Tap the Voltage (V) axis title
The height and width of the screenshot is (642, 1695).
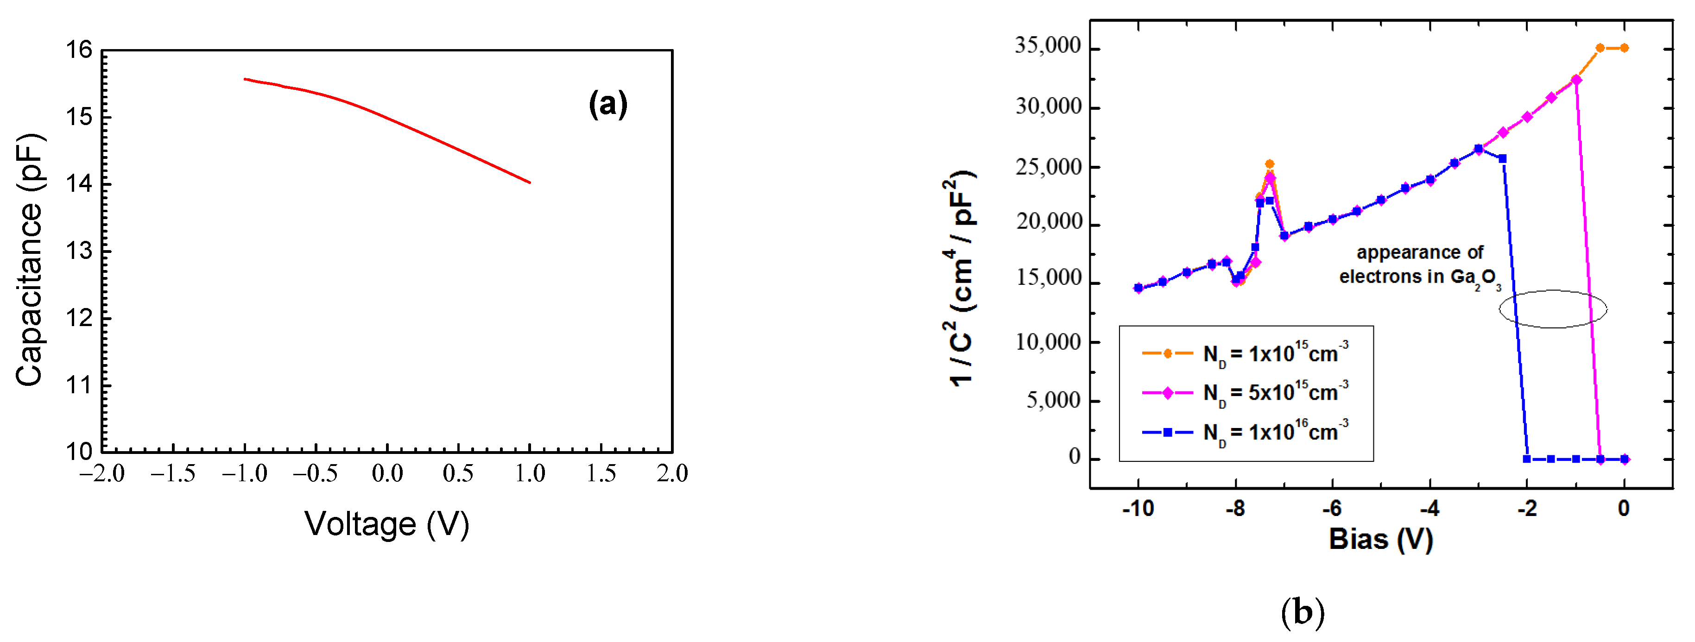pyautogui.click(x=387, y=524)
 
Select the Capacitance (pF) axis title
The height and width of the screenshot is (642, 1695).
pyautogui.click(x=30, y=260)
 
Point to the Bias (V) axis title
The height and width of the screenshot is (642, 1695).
pyautogui.click(x=1380, y=539)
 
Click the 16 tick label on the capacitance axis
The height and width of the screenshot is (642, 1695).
pyautogui.click(x=78, y=50)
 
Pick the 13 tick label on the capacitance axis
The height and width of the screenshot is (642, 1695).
pyautogui.click(x=78, y=251)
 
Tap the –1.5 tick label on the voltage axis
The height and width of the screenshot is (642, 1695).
pyautogui.click(x=172, y=473)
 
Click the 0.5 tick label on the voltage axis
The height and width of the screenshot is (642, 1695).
pyautogui.click(x=458, y=473)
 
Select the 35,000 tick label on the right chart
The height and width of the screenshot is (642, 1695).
pyautogui.click(x=1048, y=46)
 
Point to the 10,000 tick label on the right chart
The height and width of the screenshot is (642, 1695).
pyautogui.click(x=1048, y=342)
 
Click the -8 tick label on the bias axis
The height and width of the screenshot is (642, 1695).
pyautogui.click(x=1234, y=509)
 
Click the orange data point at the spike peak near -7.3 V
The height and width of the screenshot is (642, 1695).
pyautogui.click(x=1269, y=164)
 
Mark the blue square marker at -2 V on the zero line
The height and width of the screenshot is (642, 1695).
pyautogui.click(x=1526, y=459)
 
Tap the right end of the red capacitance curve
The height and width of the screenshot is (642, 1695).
pyautogui.click(x=530, y=182)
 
